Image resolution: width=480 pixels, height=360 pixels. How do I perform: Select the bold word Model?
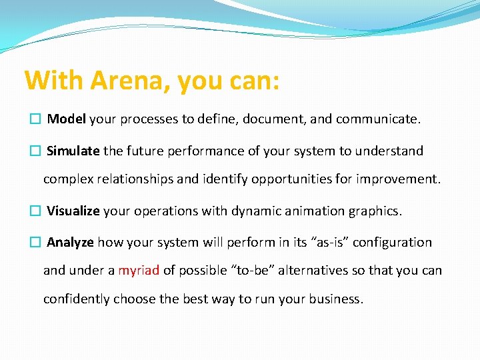pos(66,119)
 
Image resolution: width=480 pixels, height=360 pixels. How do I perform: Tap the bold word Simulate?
pos(73,151)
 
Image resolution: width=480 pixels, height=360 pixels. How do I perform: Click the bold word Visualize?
pos(73,211)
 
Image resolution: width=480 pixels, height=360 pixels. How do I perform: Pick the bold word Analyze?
pos(70,243)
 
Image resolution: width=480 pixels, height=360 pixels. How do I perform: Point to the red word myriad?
pos(139,271)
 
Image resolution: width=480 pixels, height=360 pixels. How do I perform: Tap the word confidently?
pos(77,299)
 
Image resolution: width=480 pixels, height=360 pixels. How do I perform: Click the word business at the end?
pos(337,299)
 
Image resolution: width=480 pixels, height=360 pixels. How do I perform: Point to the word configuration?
pos(392,243)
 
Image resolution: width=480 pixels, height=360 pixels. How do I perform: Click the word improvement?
pos(403,180)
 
